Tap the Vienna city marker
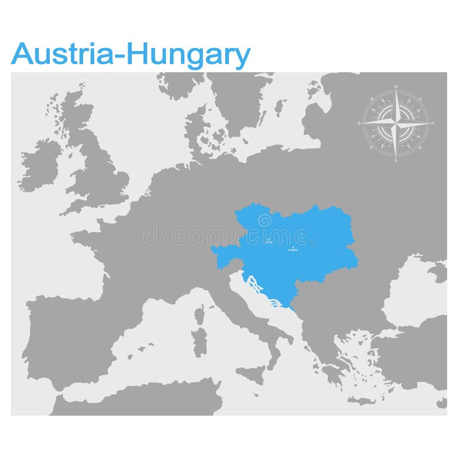269,239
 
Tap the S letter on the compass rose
395,160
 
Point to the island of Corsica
200,315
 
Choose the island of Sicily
252,374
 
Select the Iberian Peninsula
69,338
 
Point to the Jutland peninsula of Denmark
195,129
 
